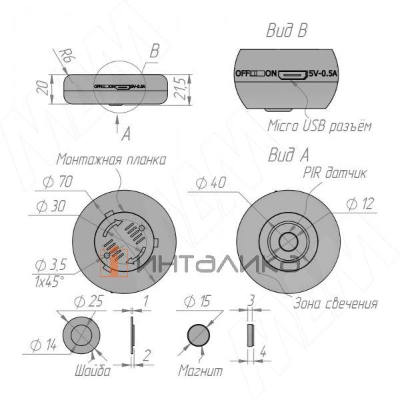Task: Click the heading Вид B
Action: click(287, 31)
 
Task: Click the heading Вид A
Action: click(288, 155)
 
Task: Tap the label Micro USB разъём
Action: click(319, 126)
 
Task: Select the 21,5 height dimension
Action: click(179, 89)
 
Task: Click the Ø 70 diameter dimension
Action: click(57, 181)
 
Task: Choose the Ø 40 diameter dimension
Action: click(211, 183)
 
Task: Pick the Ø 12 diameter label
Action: click(361, 204)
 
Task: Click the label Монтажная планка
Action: click(111, 160)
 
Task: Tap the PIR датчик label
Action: click(335, 173)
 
